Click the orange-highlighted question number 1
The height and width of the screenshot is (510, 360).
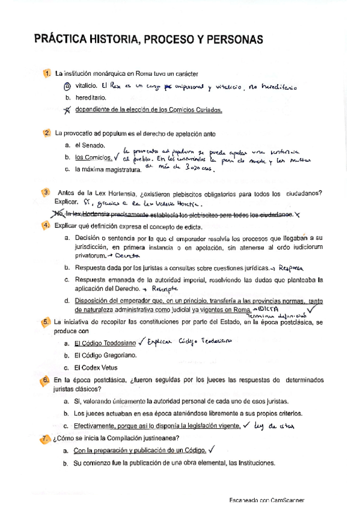click(x=46, y=73)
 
